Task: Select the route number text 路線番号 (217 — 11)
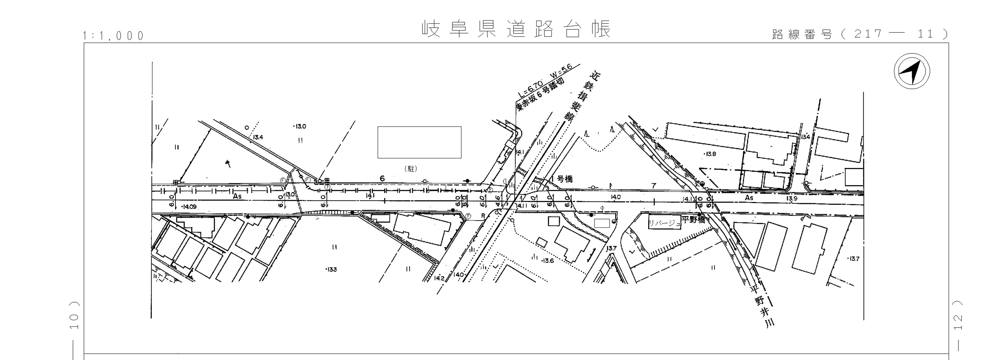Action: click(859, 34)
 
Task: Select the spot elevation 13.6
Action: click(547, 261)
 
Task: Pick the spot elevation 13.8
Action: click(710, 154)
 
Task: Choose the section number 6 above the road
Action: click(382, 178)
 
